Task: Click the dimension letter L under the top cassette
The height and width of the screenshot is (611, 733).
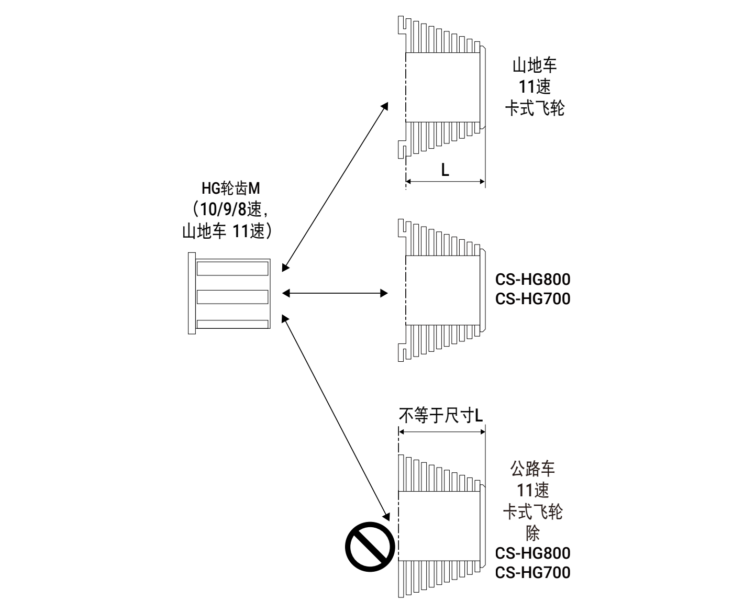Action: click(445, 170)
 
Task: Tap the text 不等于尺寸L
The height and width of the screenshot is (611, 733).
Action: click(441, 416)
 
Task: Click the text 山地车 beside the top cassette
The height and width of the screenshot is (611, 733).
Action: click(534, 66)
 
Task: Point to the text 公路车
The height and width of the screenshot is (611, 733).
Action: click(532, 469)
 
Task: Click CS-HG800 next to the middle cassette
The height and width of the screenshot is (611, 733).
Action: click(532, 279)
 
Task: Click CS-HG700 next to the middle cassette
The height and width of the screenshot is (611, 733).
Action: click(532, 299)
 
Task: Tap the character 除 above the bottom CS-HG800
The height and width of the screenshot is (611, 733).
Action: click(532, 533)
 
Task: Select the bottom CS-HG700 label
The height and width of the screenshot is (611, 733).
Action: click(532, 572)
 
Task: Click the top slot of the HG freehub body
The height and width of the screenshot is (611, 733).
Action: click(232, 269)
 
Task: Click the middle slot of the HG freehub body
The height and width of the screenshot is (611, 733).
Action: click(232, 297)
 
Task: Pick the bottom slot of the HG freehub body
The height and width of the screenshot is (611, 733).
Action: click(232, 324)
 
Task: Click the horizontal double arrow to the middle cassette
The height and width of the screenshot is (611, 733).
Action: click(335, 293)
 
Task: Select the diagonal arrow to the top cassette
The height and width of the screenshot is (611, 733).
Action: click(335, 186)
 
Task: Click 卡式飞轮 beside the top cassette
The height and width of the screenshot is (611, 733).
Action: click(534, 108)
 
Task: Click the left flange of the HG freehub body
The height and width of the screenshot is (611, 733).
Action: click(192, 293)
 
